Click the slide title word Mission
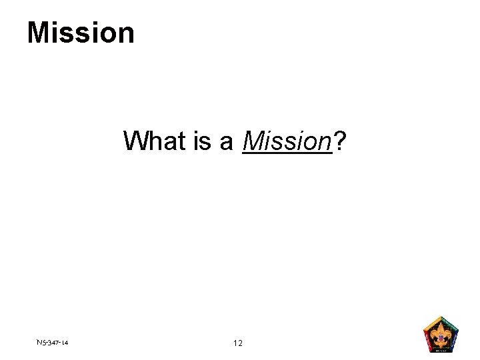[x=81, y=32]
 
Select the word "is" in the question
[x=203, y=141]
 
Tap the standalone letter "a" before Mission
[x=227, y=142]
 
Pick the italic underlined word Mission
[x=287, y=141]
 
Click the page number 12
[x=238, y=343]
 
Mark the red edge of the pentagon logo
[x=427, y=341]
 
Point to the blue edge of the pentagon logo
[x=455, y=341]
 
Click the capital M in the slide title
[x=39, y=32]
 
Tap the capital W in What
[x=135, y=141]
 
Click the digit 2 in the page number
[x=241, y=343]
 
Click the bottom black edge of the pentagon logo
[x=441, y=351]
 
